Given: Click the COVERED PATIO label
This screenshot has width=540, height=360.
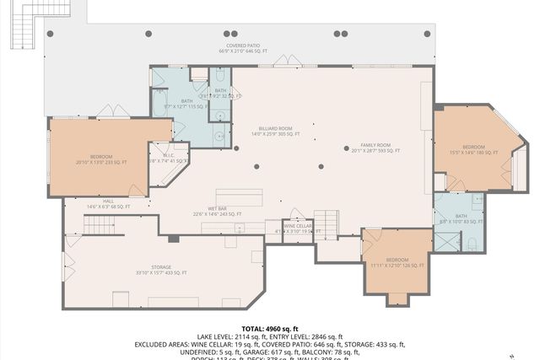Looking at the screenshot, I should (243, 48).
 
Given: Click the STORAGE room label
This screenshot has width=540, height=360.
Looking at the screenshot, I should (160, 270).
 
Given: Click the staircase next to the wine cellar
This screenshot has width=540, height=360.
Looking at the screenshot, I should (326, 223).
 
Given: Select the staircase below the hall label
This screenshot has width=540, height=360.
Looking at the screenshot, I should (103, 225).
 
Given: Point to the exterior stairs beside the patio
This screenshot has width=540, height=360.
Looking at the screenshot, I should (24, 32).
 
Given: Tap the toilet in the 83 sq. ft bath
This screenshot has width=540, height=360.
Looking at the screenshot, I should (472, 244).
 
